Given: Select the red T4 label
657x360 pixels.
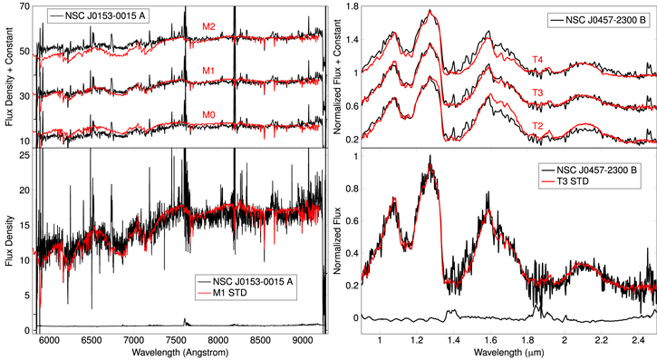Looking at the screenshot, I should coord(537,60).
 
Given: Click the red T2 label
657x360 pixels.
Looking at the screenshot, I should coord(537,125).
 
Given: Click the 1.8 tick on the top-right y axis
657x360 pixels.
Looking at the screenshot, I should coord(343,7).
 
